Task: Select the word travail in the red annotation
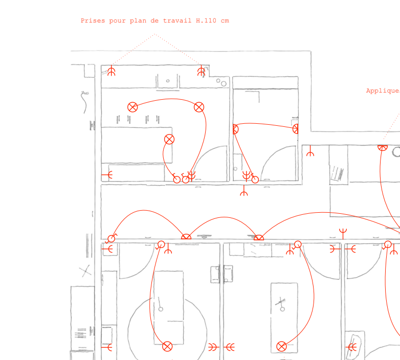pyautogui.click(x=180, y=21)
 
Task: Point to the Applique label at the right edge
pyautogui.click(x=382, y=91)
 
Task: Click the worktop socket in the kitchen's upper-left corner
pyautogui.click(x=111, y=72)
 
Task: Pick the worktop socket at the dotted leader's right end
pyautogui.click(x=201, y=72)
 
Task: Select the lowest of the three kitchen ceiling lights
pyautogui.click(x=169, y=139)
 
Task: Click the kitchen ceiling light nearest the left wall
pyautogui.click(x=132, y=107)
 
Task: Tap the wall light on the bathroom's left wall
pyautogui.click(x=235, y=129)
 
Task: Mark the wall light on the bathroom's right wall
pyautogui.click(x=296, y=128)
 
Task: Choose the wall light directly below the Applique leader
pyautogui.click(x=382, y=147)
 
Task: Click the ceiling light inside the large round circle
pyautogui.click(x=167, y=347)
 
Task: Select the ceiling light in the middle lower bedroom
pyautogui.click(x=281, y=347)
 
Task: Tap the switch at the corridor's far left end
pyautogui.click(x=112, y=238)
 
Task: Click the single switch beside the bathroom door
pyautogui.click(x=255, y=179)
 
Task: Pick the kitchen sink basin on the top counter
pyautogui.click(x=168, y=81)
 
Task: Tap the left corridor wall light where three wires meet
pyautogui.click(x=186, y=237)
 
